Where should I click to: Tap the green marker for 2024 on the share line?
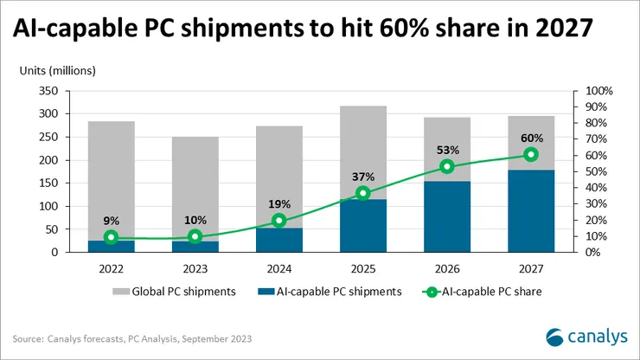[278, 221]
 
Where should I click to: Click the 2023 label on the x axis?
[195, 268]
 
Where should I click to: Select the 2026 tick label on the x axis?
[446, 268]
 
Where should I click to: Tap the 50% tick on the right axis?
[596, 171]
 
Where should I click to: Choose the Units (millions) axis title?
[59, 70]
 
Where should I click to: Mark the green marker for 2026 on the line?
[446, 166]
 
